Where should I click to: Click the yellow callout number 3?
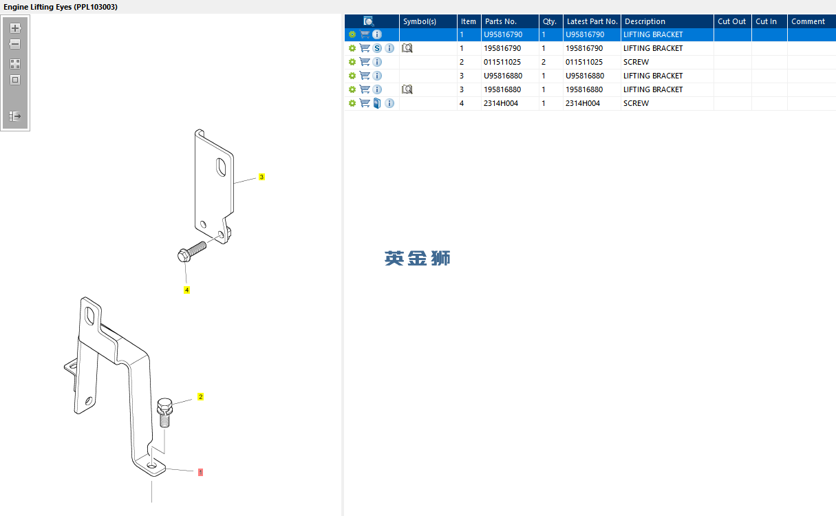click(x=261, y=177)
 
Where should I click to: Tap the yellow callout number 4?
click(x=186, y=290)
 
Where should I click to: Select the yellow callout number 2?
click(x=200, y=397)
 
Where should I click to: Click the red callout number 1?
click(x=200, y=472)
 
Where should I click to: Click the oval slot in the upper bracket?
click(x=221, y=168)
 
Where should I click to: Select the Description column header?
click(x=645, y=21)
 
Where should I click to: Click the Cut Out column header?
click(x=731, y=21)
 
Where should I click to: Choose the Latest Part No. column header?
click(x=592, y=21)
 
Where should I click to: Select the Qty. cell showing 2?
click(x=544, y=62)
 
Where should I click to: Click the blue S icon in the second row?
click(x=377, y=48)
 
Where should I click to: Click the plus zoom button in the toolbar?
click(x=15, y=28)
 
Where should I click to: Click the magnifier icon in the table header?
click(x=369, y=21)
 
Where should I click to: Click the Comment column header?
click(x=808, y=21)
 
